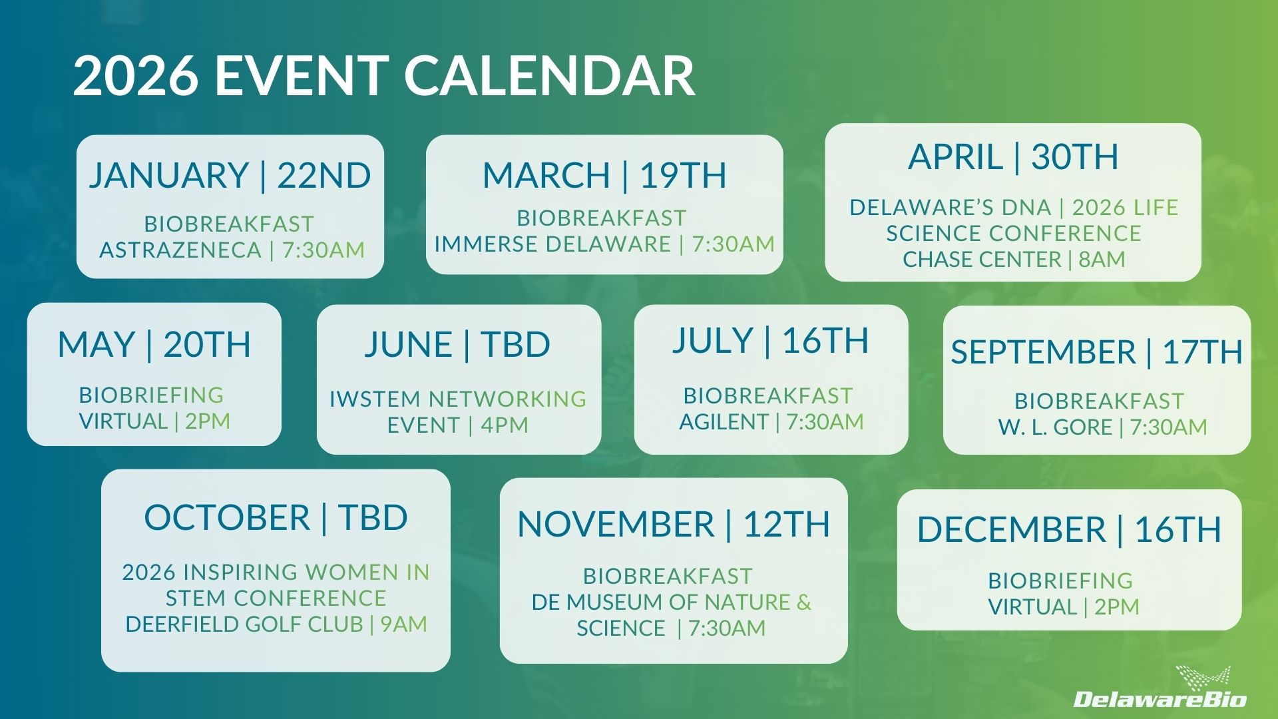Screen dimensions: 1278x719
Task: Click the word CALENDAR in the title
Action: coord(549,75)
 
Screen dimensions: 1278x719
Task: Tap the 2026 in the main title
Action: coord(135,75)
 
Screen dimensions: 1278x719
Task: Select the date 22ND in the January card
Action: coord(323,176)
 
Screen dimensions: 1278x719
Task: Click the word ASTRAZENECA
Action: coord(180,250)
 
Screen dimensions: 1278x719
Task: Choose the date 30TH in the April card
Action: coord(1074,157)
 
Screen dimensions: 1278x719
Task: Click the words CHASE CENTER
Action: coord(982,260)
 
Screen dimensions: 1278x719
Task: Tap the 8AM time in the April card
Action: coord(1102,260)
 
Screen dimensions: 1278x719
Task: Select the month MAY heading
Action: coord(96,345)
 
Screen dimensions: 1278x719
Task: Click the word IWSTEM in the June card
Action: coord(375,399)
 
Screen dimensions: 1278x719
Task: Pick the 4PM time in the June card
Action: coord(505,425)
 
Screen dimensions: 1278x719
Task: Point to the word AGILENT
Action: coord(724,422)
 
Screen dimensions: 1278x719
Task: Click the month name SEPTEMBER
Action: coord(1043,352)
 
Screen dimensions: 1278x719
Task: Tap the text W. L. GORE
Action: coord(1055,427)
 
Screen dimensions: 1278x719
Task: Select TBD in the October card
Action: coord(373,518)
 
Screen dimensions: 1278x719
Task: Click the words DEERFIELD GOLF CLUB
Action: coord(244,624)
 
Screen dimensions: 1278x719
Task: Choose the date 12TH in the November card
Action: coord(787,525)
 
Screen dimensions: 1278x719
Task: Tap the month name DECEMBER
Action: coord(1011,531)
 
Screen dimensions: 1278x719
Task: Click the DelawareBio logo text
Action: coord(1160,699)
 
